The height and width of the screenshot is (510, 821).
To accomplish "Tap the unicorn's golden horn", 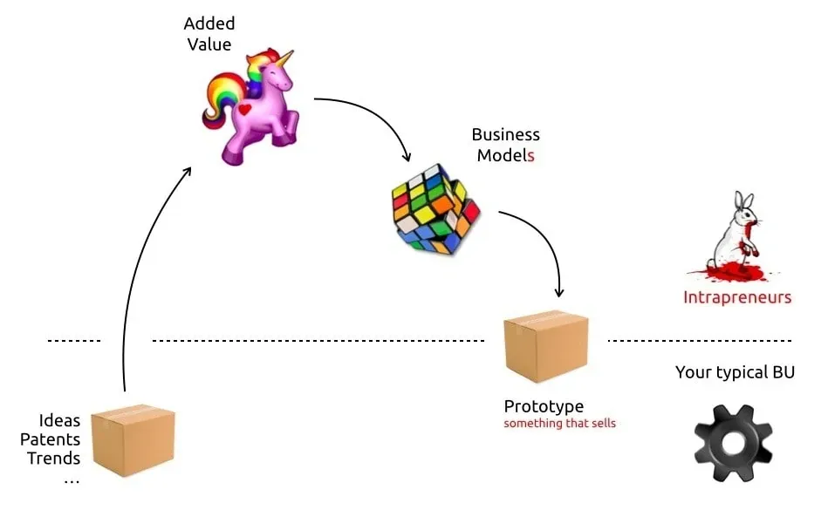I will (x=284, y=58).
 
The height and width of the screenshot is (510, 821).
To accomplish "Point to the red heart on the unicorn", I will (x=245, y=110).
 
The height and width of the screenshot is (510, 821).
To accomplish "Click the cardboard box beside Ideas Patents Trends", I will (x=133, y=441).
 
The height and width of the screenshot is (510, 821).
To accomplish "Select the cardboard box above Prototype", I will (x=546, y=347).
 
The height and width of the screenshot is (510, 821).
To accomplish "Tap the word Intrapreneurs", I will (x=736, y=297).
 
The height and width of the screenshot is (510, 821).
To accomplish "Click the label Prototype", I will (x=544, y=406).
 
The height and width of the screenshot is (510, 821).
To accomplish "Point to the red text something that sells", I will (x=559, y=424).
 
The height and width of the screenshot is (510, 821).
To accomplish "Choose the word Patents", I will (x=50, y=439).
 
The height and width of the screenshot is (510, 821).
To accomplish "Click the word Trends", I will (x=53, y=459).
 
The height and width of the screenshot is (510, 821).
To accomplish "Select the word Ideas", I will (x=59, y=421).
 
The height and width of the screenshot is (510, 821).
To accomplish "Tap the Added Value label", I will (x=209, y=33).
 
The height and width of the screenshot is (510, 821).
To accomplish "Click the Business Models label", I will (x=505, y=145).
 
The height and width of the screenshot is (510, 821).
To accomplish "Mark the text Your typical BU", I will (x=735, y=373).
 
